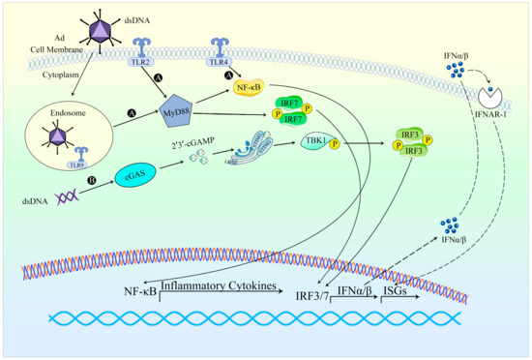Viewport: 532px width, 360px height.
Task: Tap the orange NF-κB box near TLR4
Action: [252, 87]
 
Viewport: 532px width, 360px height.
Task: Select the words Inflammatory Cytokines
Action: [218, 286]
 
